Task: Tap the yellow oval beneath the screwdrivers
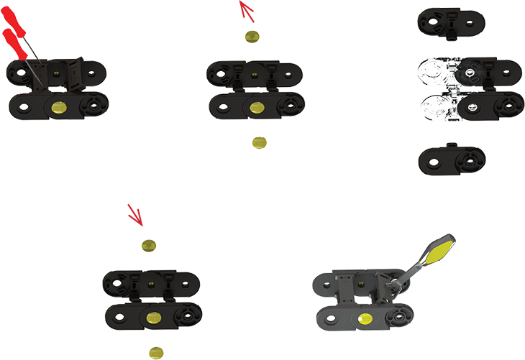pyautogui.click(x=60, y=108)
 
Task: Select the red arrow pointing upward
pyautogui.click(x=247, y=11)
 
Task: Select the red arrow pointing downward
pyautogui.click(x=135, y=214)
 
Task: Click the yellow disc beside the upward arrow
pyautogui.click(x=252, y=37)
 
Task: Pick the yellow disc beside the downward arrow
pyautogui.click(x=149, y=245)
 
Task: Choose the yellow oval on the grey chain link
pyautogui.click(x=362, y=318)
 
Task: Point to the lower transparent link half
pyautogui.click(x=439, y=108)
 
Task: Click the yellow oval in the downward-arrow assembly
pyautogui.click(x=152, y=318)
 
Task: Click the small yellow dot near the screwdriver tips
pyautogui.click(x=56, y=73)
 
